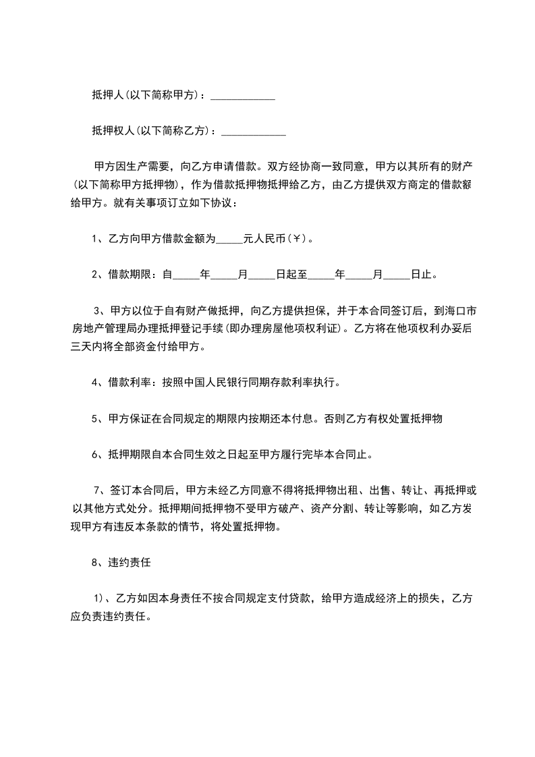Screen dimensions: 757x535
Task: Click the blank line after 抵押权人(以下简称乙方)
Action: pyautogui.click(x=253, y=132)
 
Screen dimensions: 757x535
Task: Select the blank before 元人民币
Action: pyautogui.click(x=229, y=240)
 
